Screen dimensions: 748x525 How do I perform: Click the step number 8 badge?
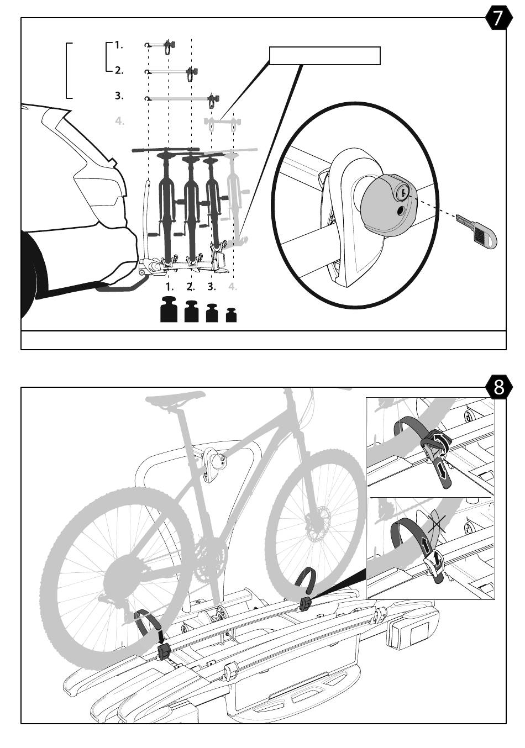point(498,387)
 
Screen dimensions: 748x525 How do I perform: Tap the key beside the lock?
point(479,231)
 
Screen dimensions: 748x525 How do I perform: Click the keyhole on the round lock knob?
point(402,192)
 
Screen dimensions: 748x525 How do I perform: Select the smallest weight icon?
point(231,315)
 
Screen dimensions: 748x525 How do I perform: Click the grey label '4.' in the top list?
point(119,121)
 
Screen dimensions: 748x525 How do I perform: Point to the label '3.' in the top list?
point(119,96)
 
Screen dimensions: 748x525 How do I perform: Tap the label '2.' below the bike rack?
point(191,287)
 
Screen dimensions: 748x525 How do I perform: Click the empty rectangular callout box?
point(325,56)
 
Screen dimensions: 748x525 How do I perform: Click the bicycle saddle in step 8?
point(175,397)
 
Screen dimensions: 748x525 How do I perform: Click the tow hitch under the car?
point(123,285)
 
